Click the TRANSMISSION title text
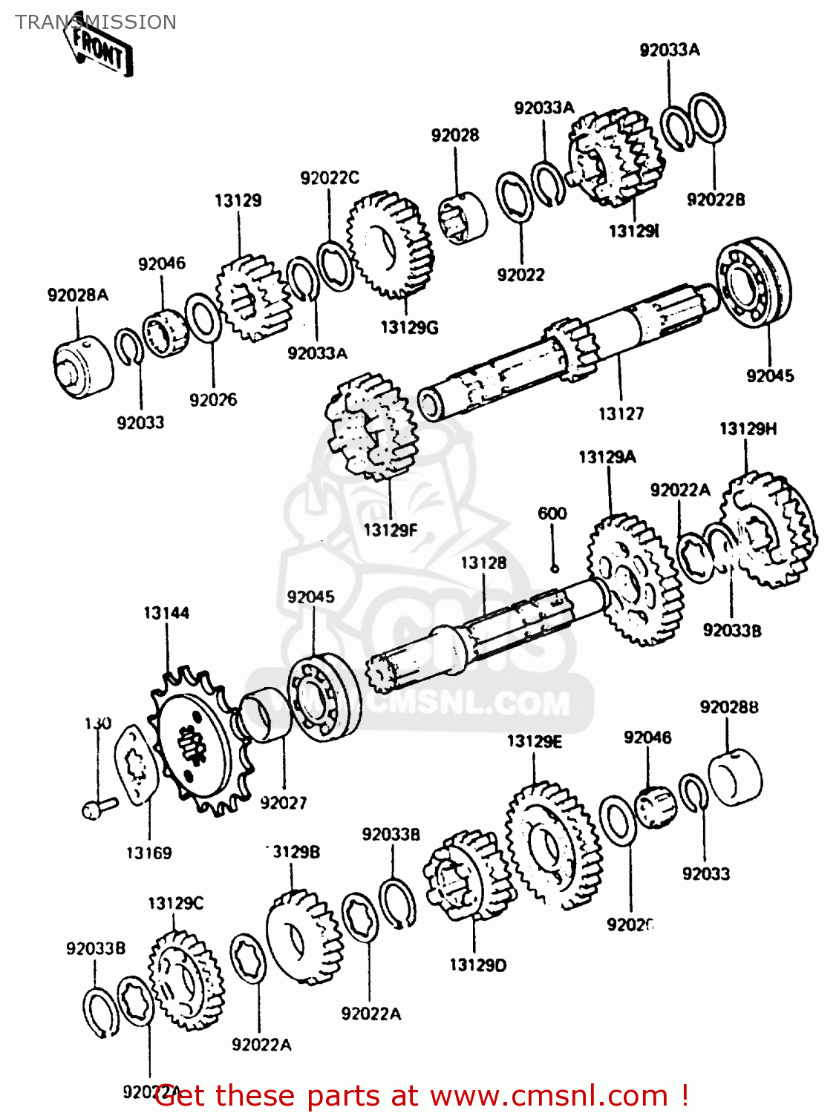click(x=96, y=22)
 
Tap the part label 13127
click(x=621, y=413)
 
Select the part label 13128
click(x=483, y=563)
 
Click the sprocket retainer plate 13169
click(x=136, y=764)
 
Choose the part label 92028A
click(x=78, y=295)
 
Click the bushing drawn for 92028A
click(x=82, y=367)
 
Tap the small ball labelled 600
click(x=554, y=568)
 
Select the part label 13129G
click(x=409, y=327)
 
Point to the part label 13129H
click(x=748, y=429)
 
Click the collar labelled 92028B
click(x=735, y=777)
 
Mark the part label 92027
click(x=283, y=803)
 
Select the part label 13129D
click(x=478, y=965)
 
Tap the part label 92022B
click(x=716, y=200)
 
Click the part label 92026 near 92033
click(x=213, y=400)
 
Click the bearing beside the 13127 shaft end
click(x=753, y=280)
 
